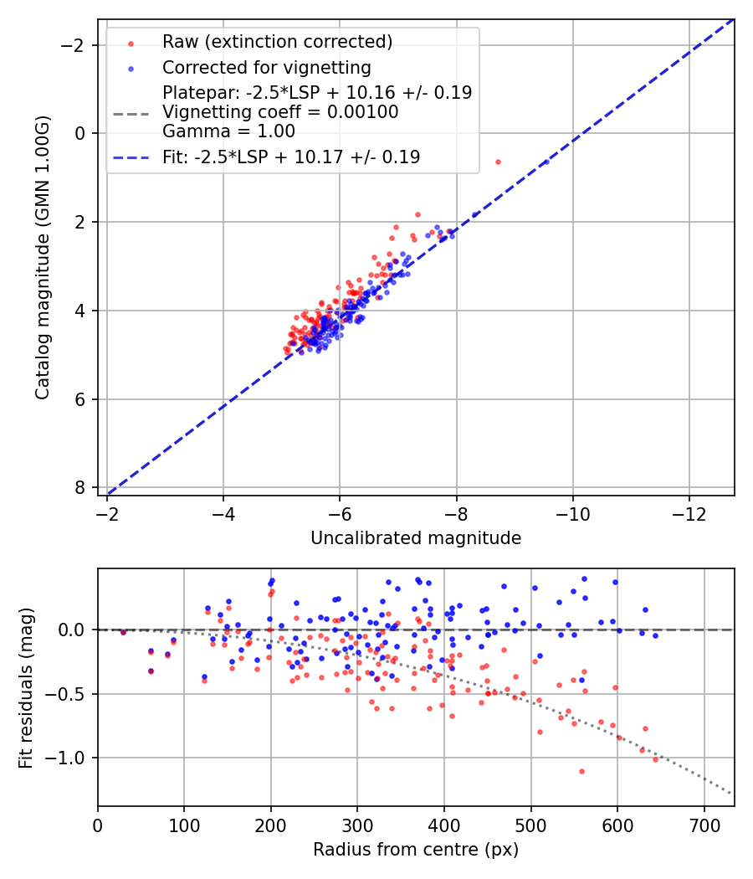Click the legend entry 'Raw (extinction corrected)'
tap(277, 42)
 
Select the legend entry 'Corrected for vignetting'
tap(266, 67)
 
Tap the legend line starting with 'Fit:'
tap(291, 157)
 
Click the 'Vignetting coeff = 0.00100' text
tap(280, 111)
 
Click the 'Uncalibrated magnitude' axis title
tap(416, 538)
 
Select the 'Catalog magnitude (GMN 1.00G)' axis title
tap(43, 257)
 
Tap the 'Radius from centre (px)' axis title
tap(416, 850)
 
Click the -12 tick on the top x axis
tap(689, 512)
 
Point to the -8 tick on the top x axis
tap(456, 512)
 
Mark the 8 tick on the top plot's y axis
tap(79, 488)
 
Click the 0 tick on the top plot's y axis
tap(79, 133)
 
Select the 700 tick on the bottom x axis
tap(704, 824)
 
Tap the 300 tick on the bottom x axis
tap(357, 824)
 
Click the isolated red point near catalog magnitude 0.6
tap(498, 162)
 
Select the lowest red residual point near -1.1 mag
tap(581, 771)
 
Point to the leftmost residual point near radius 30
tap(123, 632)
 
